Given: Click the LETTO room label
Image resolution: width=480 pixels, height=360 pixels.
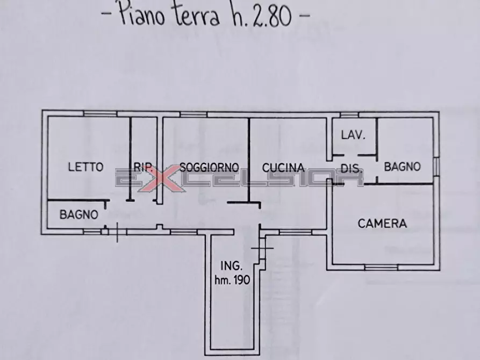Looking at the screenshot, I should pyautogui.click(x=85, y=167).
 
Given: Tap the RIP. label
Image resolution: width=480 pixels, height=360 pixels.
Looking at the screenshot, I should pyautogui.click(x=143, y=167).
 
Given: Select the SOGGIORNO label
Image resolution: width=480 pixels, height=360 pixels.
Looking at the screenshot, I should pyautogui.click(x=209, y=167).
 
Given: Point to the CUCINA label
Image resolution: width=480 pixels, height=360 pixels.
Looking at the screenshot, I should pyautogui.click(x=283, y=167).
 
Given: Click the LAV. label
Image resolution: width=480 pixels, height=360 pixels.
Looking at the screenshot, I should pyautogui.click(x=353, y=135).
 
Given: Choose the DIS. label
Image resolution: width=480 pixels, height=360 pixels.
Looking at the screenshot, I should pyautogui.click(x=350, y=168).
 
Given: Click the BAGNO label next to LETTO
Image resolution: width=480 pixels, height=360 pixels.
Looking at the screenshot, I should pyautogui.click(x=78, y=214).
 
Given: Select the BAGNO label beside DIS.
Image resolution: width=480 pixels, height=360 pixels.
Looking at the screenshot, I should pyautogui.click(x=402, y=167).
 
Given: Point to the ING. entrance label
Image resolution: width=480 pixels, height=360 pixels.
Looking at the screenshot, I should pyautogui.click(x=232, y=265).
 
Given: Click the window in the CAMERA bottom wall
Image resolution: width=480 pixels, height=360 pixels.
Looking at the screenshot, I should pyautogui.click(x=381, y=267).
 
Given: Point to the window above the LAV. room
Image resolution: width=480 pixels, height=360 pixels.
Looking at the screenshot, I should pyautogui.click(x=349, y=114).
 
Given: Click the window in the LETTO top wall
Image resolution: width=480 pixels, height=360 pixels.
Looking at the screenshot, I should pyautogui.click(x=100, y=113).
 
